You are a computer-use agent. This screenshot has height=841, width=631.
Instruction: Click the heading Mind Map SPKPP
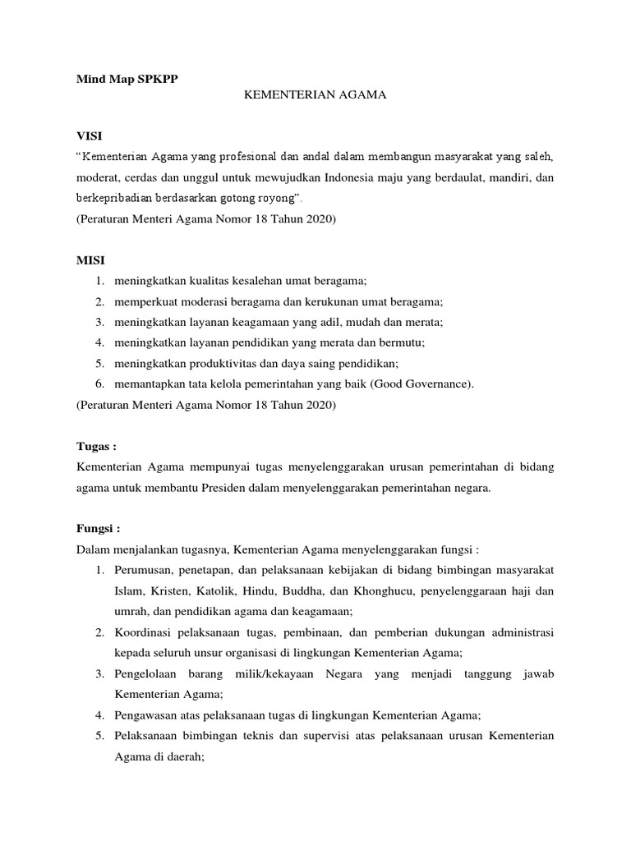click(126, 79)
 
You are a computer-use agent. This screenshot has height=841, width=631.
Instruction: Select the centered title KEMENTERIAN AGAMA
click(315, 96)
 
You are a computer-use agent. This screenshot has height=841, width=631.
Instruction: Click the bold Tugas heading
click(96, 447)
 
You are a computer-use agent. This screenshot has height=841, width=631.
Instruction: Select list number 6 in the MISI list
click(99, 384)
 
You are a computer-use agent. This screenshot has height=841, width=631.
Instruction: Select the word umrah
click(132, 611)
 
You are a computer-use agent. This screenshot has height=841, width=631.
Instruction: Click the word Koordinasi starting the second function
click(145, 632)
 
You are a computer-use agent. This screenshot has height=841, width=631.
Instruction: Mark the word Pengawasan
click(148, 715)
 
